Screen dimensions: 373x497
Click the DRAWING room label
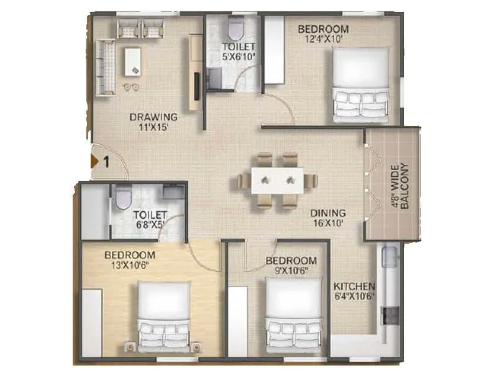153,117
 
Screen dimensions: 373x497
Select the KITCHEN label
354,287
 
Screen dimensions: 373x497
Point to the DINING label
328,213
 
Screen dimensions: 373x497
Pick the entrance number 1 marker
106,162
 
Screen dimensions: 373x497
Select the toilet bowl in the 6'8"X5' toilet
123,198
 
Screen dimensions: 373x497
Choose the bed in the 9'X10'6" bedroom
293,314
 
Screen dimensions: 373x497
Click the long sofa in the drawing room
106,67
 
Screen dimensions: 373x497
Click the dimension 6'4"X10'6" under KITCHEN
354,297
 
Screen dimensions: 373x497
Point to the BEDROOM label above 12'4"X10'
323,29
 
